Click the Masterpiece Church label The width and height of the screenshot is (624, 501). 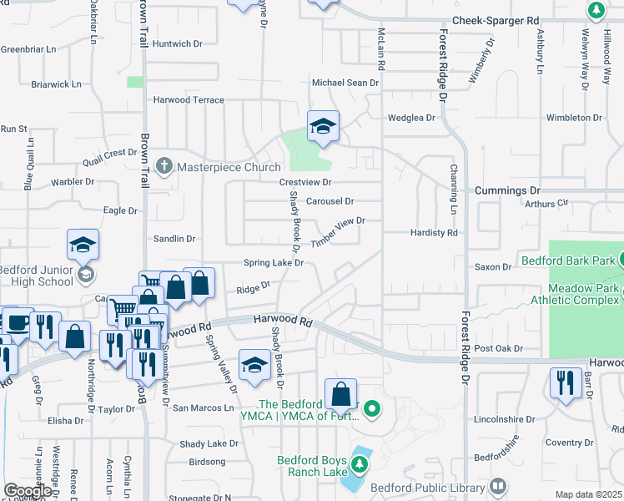(x=228, y=167)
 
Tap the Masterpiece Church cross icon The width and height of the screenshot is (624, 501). (x=164, y=166)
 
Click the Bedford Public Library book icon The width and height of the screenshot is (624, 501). (x=498, y=486)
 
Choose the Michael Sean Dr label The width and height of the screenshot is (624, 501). (x=345, y=83)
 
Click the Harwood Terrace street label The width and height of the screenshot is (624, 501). (x=189, y=100)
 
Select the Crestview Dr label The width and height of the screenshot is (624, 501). (x=305, y=182)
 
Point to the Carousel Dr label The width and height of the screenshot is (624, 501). (x=330, y=201)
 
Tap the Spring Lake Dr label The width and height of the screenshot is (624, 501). (x=273, y=263)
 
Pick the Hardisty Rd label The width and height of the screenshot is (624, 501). (x=435, y=233)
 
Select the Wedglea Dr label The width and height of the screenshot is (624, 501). (x=411, y=118)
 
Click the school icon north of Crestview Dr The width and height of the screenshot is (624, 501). (x=323, y=126)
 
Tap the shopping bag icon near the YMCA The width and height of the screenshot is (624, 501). (x=340, y=392)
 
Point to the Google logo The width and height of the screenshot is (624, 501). (x=28, y=491)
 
